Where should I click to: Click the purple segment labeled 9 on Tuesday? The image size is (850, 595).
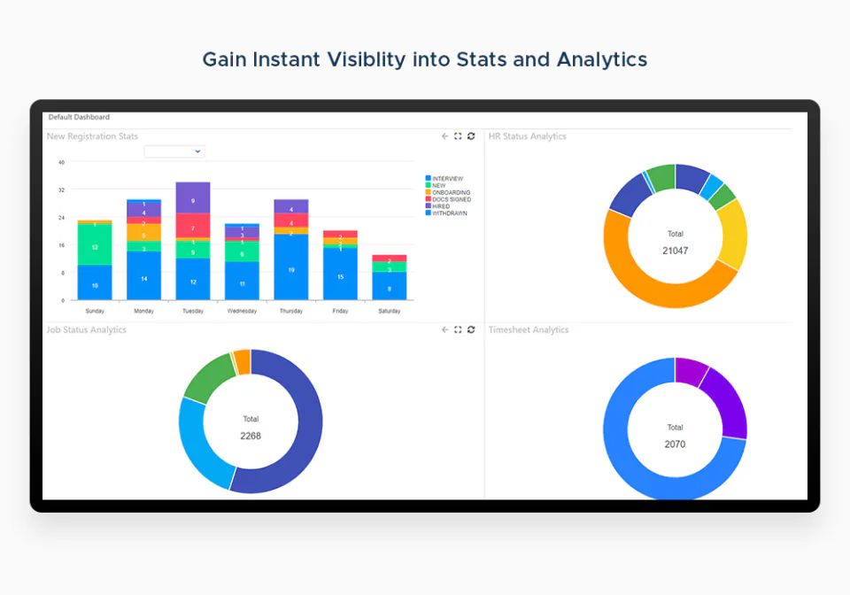click(193, 197)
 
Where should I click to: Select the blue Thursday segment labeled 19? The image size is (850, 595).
click(291, 267)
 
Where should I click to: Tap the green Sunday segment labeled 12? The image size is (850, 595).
click(95, 244)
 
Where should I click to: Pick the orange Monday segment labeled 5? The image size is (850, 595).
click(143, 233)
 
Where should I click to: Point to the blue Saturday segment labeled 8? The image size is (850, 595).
click(390, 286)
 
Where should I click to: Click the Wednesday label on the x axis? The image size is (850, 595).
click(242, 312)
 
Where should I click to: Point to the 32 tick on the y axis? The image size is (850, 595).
click(61, 189)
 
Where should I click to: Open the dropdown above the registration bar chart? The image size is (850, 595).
click(174, 151)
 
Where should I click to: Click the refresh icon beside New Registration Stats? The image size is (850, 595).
click(471, 136)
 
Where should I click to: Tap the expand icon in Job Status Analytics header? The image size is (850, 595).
click(458, 329)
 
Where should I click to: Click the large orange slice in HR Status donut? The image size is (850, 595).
click(655, 291)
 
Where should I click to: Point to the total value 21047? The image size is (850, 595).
click(675, 251)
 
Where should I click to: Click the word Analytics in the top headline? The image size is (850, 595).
click(601, 59)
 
